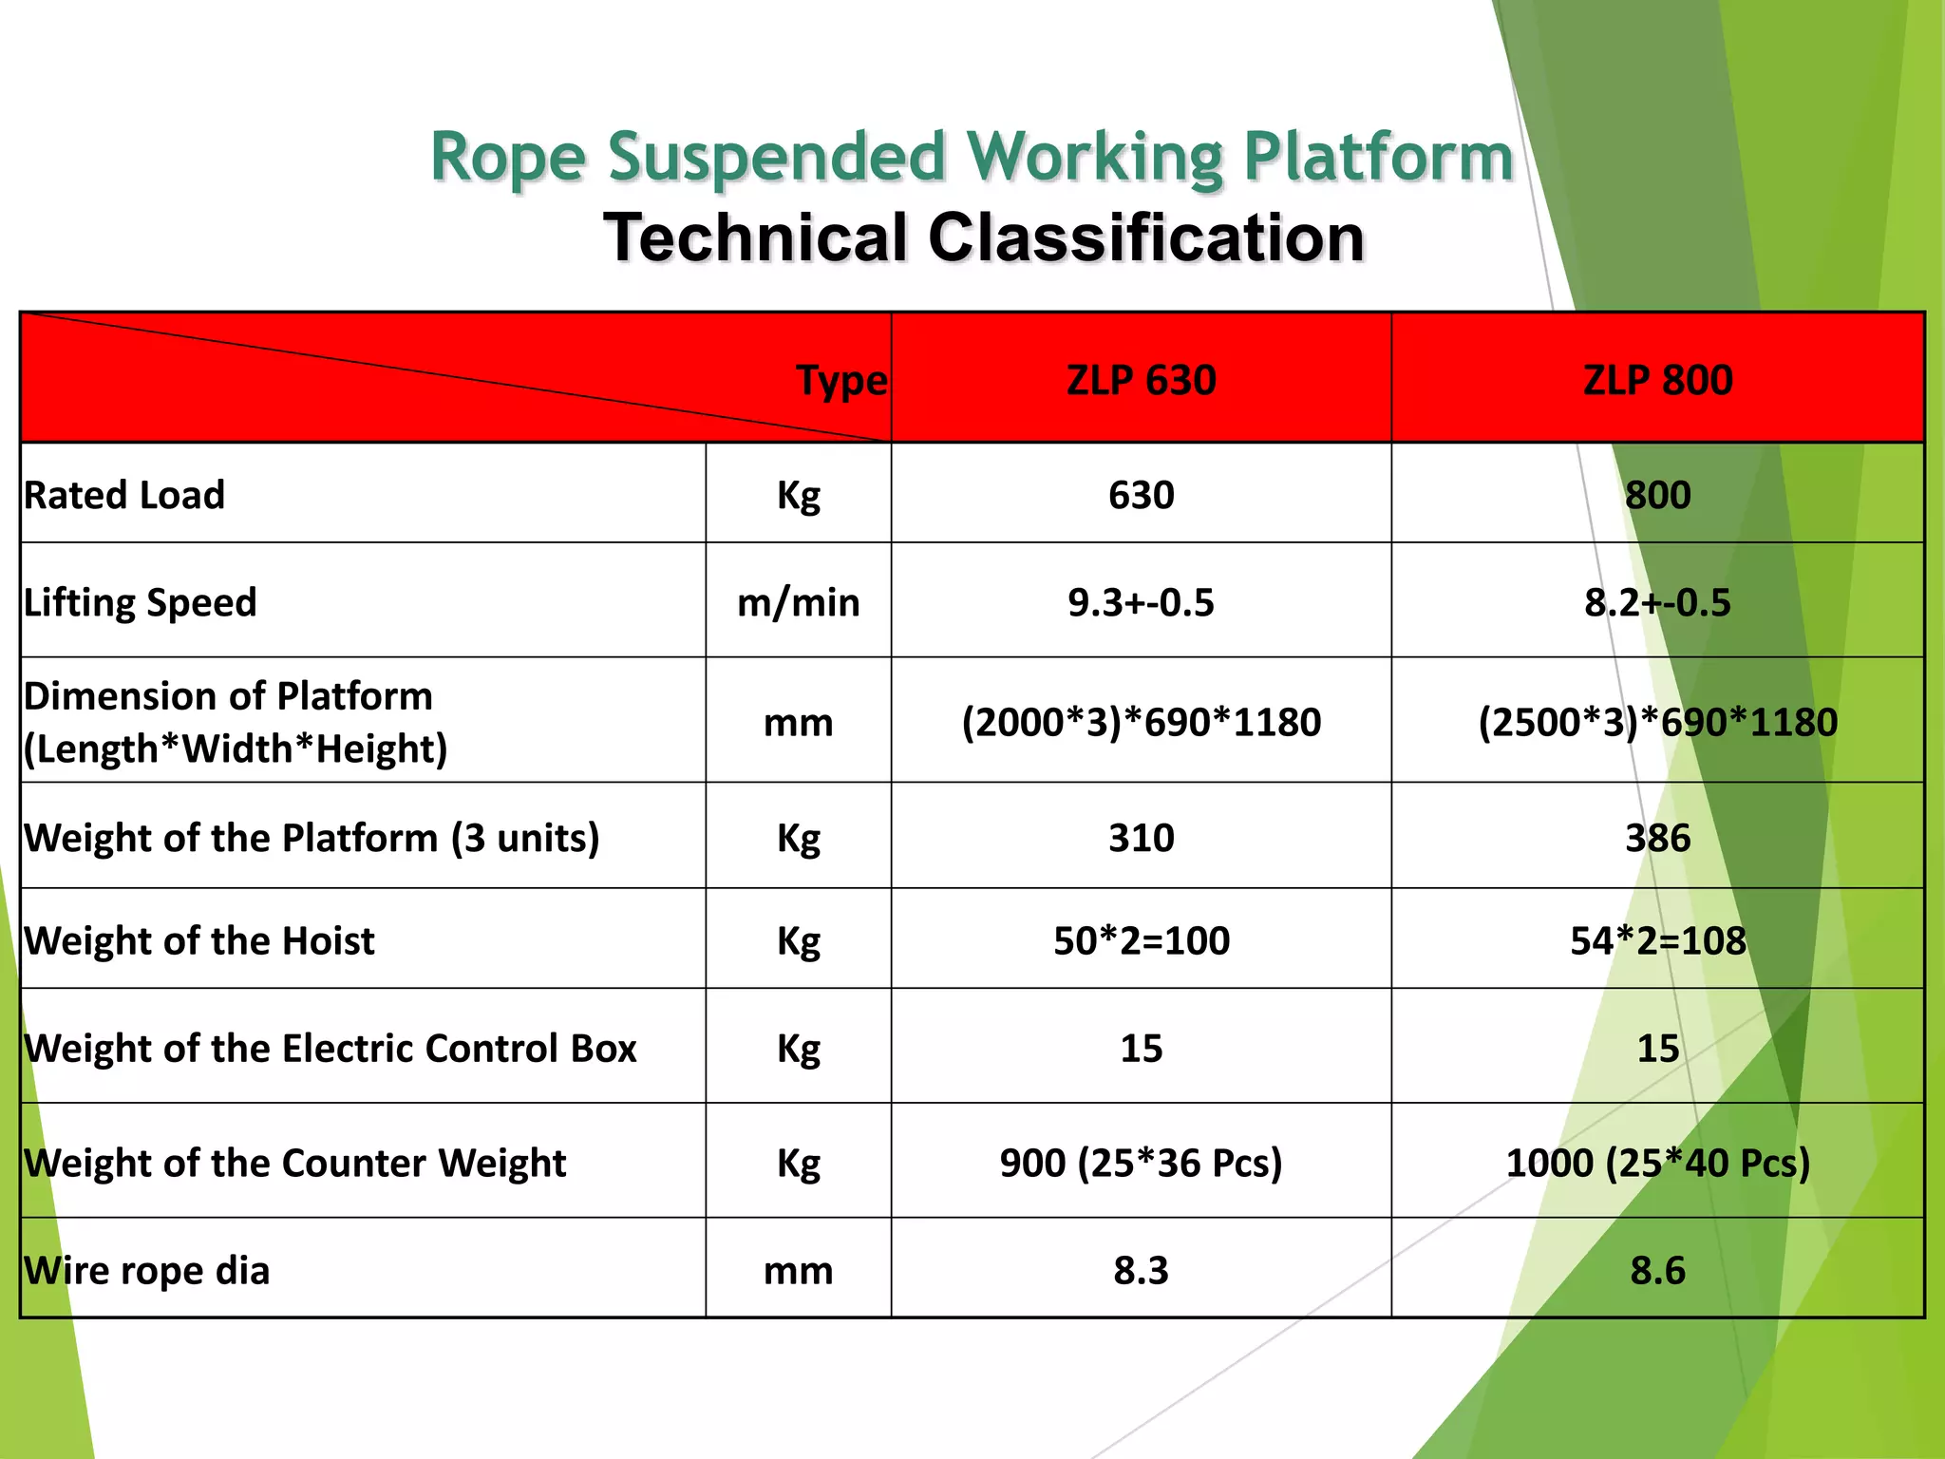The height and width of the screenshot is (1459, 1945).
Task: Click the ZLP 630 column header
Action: [x=1141, y=380]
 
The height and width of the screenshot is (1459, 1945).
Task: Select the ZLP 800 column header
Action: [x=1657, y=380]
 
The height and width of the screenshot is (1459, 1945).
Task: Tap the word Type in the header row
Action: [x=841, y=381]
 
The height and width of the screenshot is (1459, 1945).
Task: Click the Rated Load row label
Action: [x=124, y=495]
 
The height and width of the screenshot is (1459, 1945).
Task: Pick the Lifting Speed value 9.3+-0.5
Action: [x=1141, y=602]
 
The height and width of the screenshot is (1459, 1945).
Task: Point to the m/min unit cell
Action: [x=798, y=602]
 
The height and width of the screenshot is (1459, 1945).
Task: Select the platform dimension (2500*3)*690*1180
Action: [x=1657, y=722]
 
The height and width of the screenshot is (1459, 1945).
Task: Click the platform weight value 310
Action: [x=1141, y=838]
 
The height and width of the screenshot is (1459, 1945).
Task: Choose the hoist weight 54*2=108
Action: [x=1657, y=940]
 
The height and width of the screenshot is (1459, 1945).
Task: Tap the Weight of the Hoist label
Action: [x=199, y=940]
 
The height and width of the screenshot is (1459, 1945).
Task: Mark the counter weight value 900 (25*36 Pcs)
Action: [x=1141, y=1163]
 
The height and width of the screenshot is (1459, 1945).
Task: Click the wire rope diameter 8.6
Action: [x=1657, y=1270]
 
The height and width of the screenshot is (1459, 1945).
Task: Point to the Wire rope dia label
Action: [x=147, y=1270]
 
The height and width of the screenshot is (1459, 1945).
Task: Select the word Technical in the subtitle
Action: [x=756, y=237]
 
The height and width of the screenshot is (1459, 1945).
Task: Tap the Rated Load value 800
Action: [x=1657, y=495]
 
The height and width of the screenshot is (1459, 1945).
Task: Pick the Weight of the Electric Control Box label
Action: [x=330, y=1048]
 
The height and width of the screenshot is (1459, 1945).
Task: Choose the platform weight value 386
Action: [x=1657, y=838]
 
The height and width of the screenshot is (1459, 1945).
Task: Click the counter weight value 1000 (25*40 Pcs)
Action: [x=1657, y=1163]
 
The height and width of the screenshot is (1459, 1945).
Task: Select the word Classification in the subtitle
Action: [x=1145, y=237]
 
